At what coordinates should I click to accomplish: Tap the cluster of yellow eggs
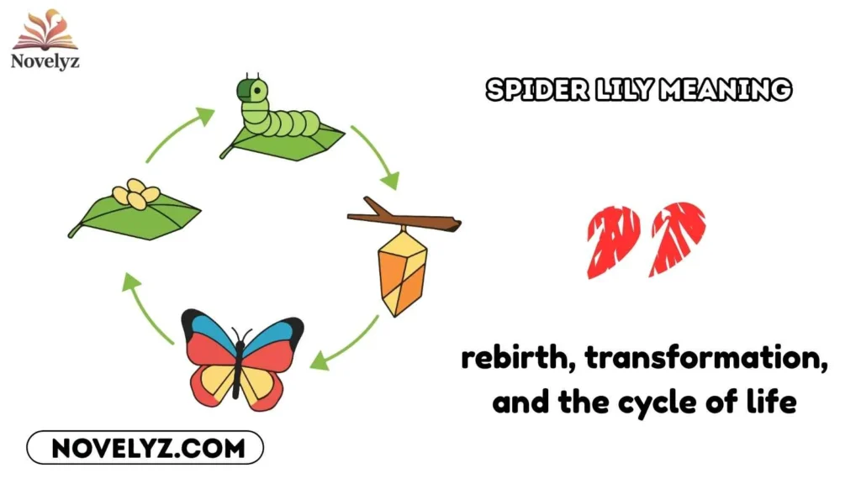136,193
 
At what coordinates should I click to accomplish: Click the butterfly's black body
240,366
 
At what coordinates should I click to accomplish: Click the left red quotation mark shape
613,241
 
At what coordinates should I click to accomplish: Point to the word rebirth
516,361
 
